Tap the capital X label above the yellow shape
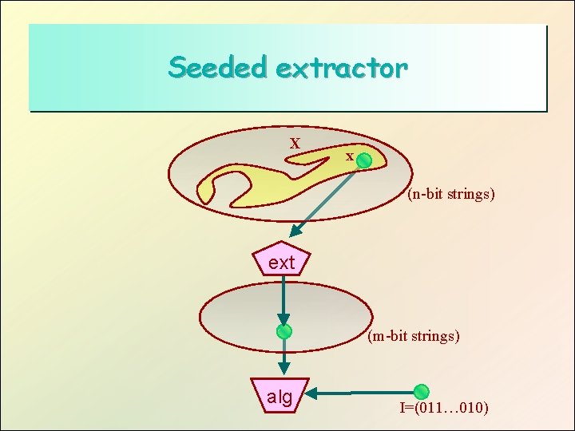tap(295, 144)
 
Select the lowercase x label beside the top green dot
tap(349, 156)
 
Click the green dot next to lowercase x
tap(364, 161)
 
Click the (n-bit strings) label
tap(450, 193)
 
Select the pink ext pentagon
tap(281, 260)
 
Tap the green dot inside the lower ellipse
tap(284, 331)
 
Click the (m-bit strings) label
tap(414, 336)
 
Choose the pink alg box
tap(280, 395)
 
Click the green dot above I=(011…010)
tap(422, 392)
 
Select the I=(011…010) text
tap(444, 409)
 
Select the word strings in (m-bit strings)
tap(435, 336)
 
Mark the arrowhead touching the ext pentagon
tap(295, 232)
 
